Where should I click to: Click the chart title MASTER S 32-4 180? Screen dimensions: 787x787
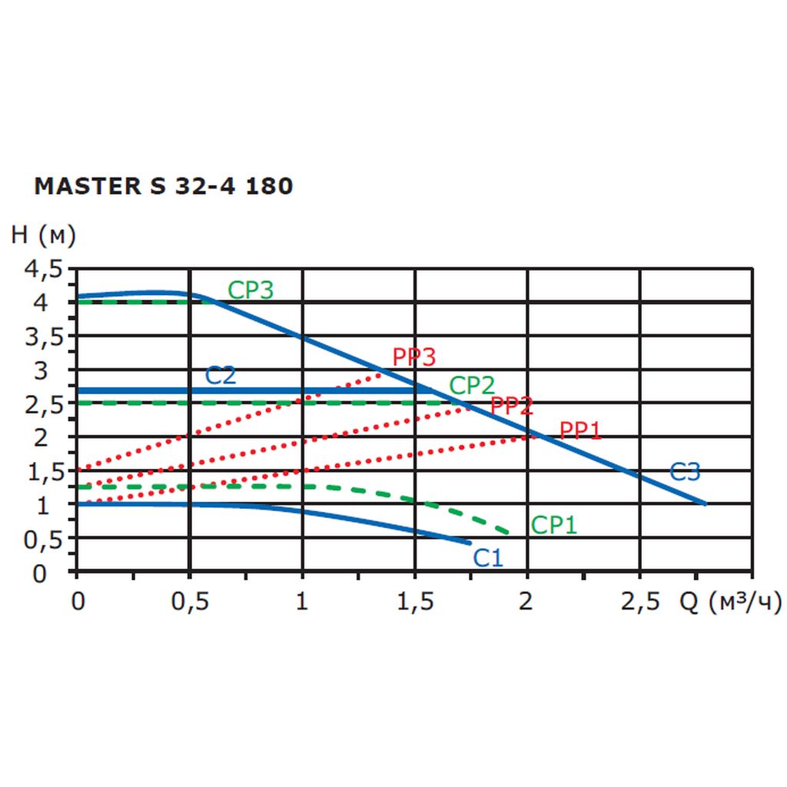164,187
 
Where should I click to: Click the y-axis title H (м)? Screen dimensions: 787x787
43,236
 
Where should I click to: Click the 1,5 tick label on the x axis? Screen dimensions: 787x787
414,603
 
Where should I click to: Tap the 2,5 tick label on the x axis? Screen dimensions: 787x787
639,603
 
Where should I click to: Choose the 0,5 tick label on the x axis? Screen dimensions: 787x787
189,603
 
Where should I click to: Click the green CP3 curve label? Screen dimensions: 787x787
251,290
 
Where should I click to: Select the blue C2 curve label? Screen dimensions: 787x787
220,376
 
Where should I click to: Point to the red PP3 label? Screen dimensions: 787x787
413,357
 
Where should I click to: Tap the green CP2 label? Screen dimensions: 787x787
472,385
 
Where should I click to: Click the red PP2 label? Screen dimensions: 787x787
511,406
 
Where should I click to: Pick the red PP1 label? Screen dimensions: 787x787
579,430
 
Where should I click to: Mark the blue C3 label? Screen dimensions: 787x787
685,472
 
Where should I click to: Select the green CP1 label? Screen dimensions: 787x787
553,525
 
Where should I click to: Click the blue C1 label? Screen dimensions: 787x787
487,557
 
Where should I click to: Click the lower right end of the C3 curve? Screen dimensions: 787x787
705,503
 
